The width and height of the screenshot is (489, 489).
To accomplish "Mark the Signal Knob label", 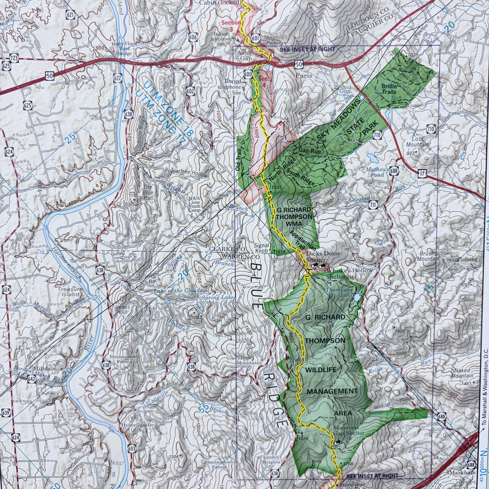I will tap(257, 245).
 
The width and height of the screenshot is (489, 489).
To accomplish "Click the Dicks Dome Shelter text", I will tap(319, 257).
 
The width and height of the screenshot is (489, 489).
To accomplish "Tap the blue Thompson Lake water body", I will tap(357, 298).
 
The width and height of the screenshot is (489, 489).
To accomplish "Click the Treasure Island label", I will tap(70, 292).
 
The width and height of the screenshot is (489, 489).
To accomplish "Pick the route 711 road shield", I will tap(372, 205).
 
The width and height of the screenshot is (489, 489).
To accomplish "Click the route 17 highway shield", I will tap(422, 173).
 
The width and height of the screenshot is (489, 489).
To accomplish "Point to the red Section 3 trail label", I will tap(231, 25).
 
